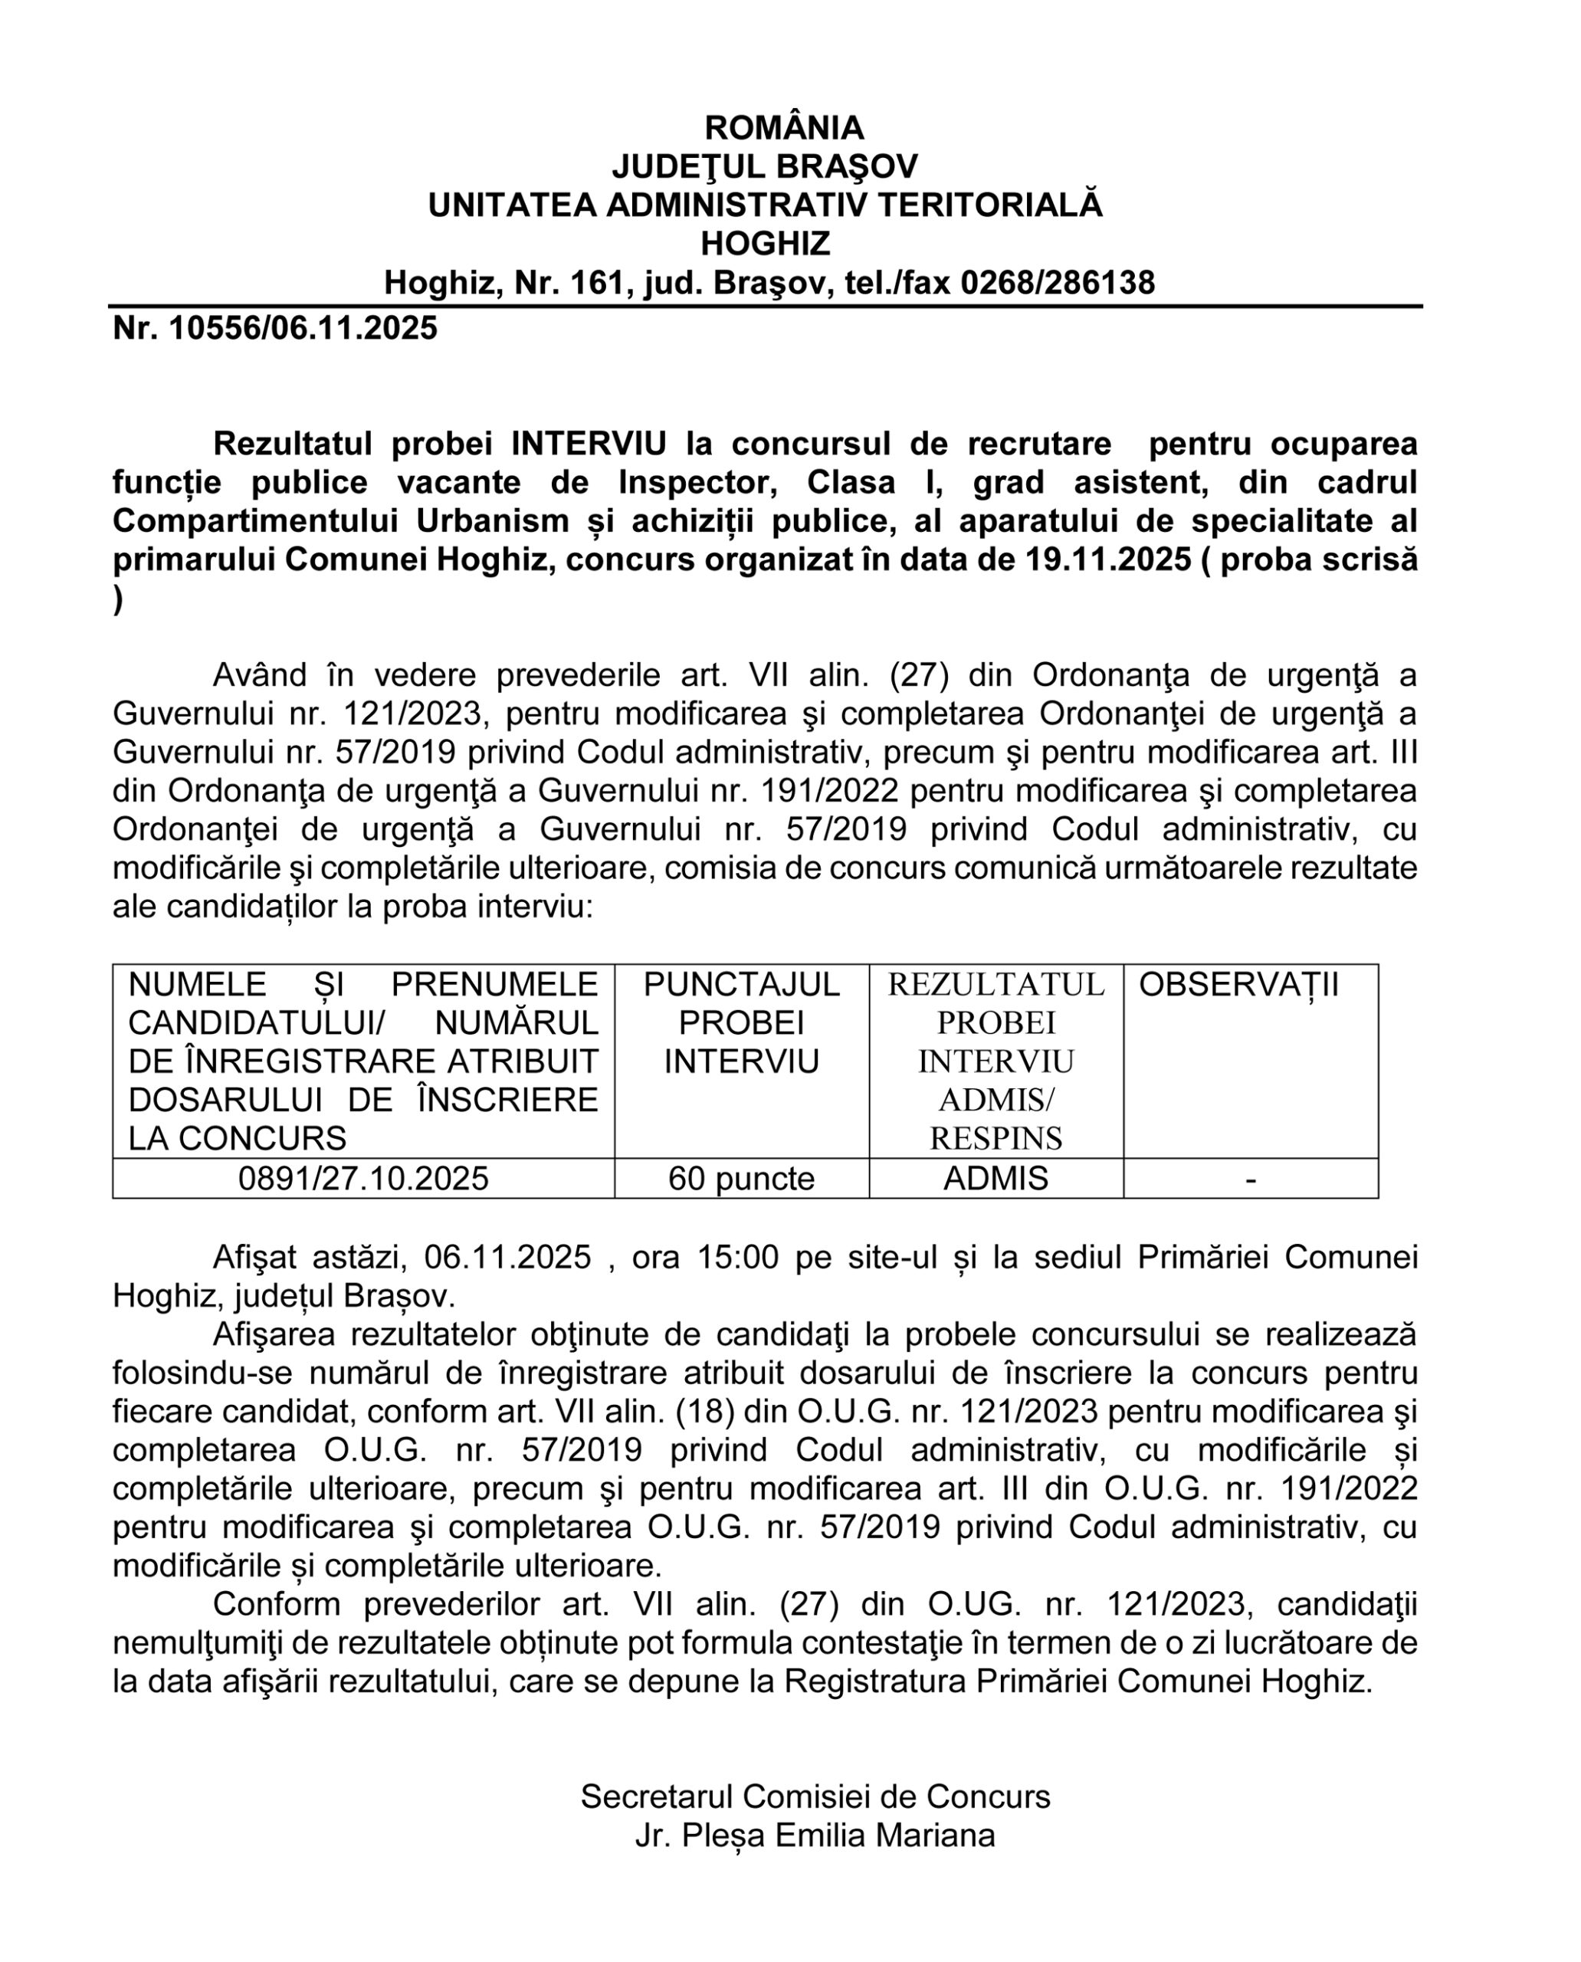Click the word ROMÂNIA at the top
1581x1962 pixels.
point(784,127)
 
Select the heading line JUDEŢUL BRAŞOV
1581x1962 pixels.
point(765,166)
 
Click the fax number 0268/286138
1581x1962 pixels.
point(1058,284)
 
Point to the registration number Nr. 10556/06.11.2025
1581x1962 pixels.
point(275,328)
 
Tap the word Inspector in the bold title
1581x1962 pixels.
point(697,483)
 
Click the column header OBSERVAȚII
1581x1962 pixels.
point(1238,985)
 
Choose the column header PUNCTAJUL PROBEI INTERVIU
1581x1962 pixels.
point(741,1023)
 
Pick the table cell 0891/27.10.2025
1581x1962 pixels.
point(363,1179)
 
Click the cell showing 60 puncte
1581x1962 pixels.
point(741,1179)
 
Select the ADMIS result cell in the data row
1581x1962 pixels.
point(996,1179)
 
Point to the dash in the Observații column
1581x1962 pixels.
point(1251,1179)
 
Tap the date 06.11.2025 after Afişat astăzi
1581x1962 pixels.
point(508,1258)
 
